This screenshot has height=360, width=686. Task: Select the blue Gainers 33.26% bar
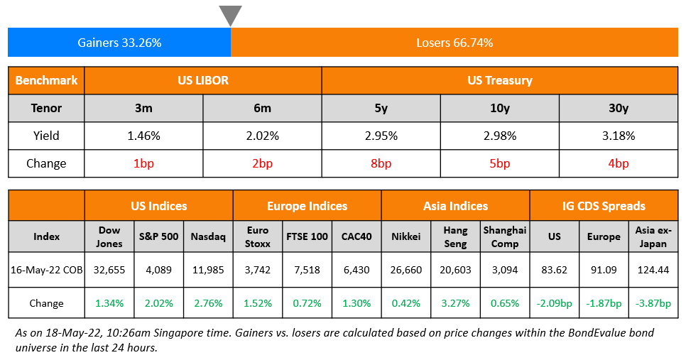[x=119, y=43]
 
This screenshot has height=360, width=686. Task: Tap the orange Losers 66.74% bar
[x=454, y=43]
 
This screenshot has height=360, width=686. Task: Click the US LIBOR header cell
[x=203, y=80]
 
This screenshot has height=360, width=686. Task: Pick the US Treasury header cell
[x=500, y=80]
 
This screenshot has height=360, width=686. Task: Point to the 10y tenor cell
[x=500, y=108]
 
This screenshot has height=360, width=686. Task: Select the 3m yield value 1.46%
[x=143, y=136]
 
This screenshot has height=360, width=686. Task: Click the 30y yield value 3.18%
[x=619, y=136]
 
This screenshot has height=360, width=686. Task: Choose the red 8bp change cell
[x=381, y=163]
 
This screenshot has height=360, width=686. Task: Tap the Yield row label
[x=46, y=136]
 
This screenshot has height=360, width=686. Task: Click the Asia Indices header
[x=455, y=206]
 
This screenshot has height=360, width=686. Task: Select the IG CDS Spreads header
[x=604, y=206]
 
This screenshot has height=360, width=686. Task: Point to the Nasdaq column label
[x=207, y=236]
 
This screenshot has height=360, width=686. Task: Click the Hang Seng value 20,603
[x=455, y=270]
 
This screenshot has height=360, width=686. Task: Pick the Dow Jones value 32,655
[x=109, y=270]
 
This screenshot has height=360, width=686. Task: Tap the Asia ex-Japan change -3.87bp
[x=653, y=303]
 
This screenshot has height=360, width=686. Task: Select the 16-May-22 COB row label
[x=46, y=270]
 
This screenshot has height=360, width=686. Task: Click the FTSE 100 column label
[x=307, y=236]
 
